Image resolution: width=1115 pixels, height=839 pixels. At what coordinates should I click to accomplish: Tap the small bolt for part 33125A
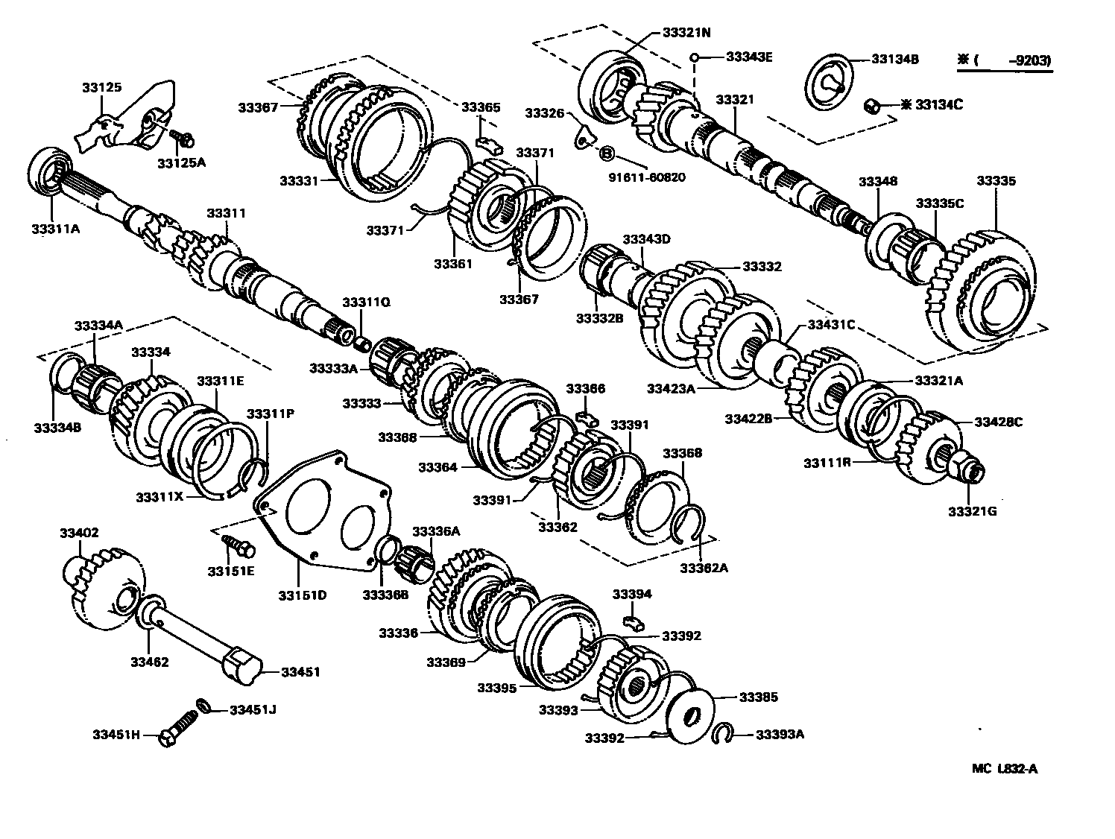183,138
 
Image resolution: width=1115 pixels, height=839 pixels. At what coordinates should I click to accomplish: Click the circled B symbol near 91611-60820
607,154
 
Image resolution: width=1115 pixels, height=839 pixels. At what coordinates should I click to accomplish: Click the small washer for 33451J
202,705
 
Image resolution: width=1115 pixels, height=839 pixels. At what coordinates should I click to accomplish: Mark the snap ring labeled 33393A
721,734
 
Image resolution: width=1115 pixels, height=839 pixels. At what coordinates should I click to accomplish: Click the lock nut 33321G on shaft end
969,466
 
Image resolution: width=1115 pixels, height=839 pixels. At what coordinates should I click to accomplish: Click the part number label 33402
79,533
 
